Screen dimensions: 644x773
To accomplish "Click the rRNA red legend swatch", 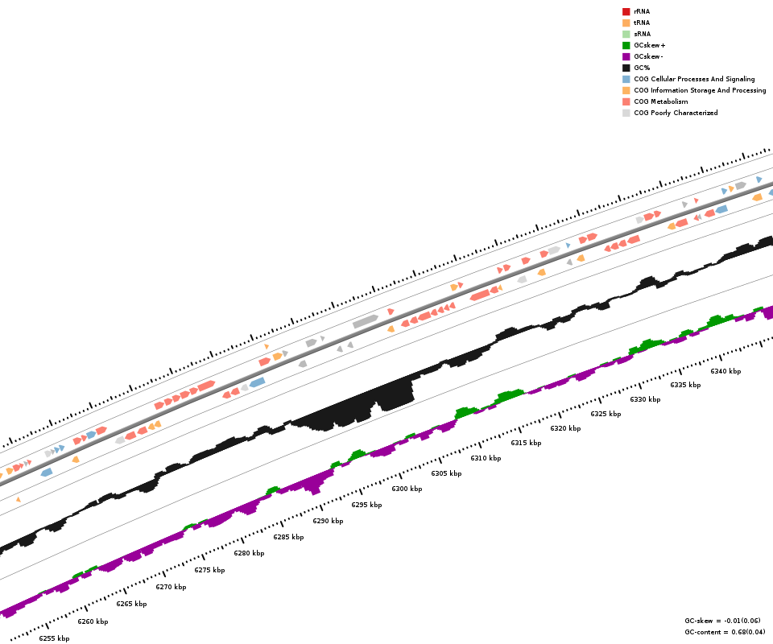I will pyautogui.click(x=626, y=11).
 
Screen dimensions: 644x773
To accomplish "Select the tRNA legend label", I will pyautogui.click(x=642, y=23).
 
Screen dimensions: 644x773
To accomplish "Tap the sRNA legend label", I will pyautogui.click(x=642, y=34).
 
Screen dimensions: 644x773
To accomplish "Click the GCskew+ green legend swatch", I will pyautogui.click(x=626, y=45).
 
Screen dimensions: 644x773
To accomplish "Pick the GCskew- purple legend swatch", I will pyautogui.click(x=626, y=56).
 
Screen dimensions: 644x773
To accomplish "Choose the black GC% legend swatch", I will pyautogui.click(x=626, y=68).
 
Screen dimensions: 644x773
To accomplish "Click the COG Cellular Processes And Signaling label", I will pyautogui.click(x=694, y=79).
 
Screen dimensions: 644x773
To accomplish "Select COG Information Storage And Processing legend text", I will pyautogui.click(x=700, y=90).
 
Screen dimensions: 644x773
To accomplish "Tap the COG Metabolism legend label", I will pyautogui.click(x=660, y=101).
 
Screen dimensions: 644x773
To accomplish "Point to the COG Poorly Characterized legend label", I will pyautogui.click(x=676, y=113).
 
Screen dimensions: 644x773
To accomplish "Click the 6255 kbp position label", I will pyautogui.click(x=54, y=638).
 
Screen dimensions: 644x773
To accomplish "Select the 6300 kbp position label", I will pyautogui.click(x=407, y=489).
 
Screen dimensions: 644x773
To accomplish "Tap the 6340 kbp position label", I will pyautogui.click(x=725, y=371).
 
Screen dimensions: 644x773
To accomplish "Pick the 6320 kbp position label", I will pyautogui.click(x=565, y=428).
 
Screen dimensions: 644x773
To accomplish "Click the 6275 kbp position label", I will pyautogui.click(x=209, y=570).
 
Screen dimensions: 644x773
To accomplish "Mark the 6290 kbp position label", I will pyautogui.click(x=328, y=521).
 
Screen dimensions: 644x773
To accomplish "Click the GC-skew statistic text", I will pyautogui.click(x=722, y=621).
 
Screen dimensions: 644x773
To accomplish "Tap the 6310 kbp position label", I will pyautogui.click(x=486, y=458).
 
